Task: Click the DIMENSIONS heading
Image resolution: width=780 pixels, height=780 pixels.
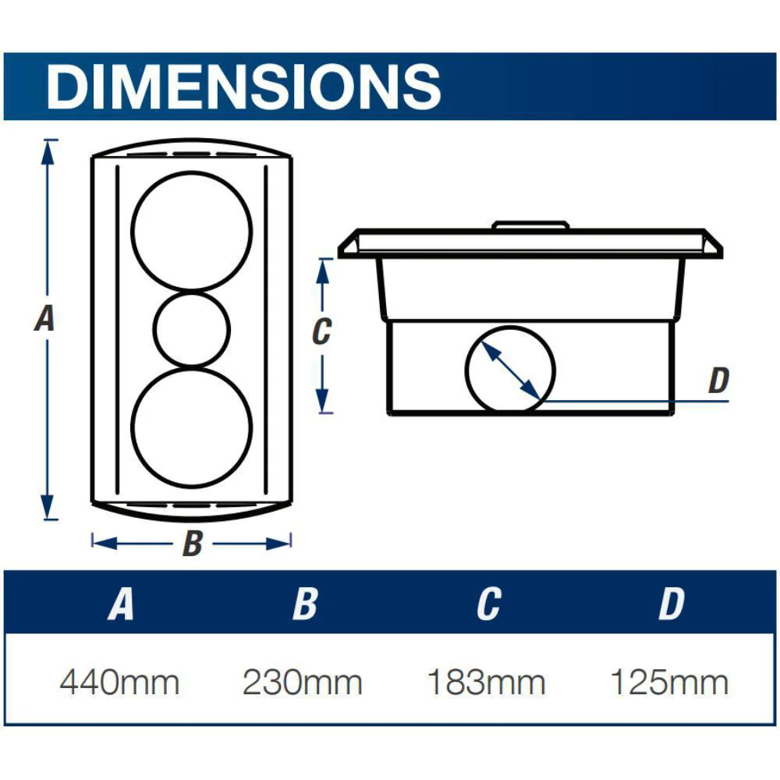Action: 243,86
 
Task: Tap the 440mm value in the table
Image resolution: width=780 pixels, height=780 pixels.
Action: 119,682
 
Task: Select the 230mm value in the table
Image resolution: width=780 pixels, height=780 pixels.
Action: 303,682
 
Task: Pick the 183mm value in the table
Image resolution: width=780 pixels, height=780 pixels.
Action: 487,682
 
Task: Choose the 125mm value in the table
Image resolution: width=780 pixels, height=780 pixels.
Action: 669,682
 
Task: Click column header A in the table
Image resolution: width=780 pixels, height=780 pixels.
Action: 121,604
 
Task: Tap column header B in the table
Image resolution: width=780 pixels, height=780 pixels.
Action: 305,604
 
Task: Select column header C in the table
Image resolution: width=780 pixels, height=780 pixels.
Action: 488,604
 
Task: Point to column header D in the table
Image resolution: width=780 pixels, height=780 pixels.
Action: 672,604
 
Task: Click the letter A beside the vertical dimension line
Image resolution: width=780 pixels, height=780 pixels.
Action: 44,318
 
